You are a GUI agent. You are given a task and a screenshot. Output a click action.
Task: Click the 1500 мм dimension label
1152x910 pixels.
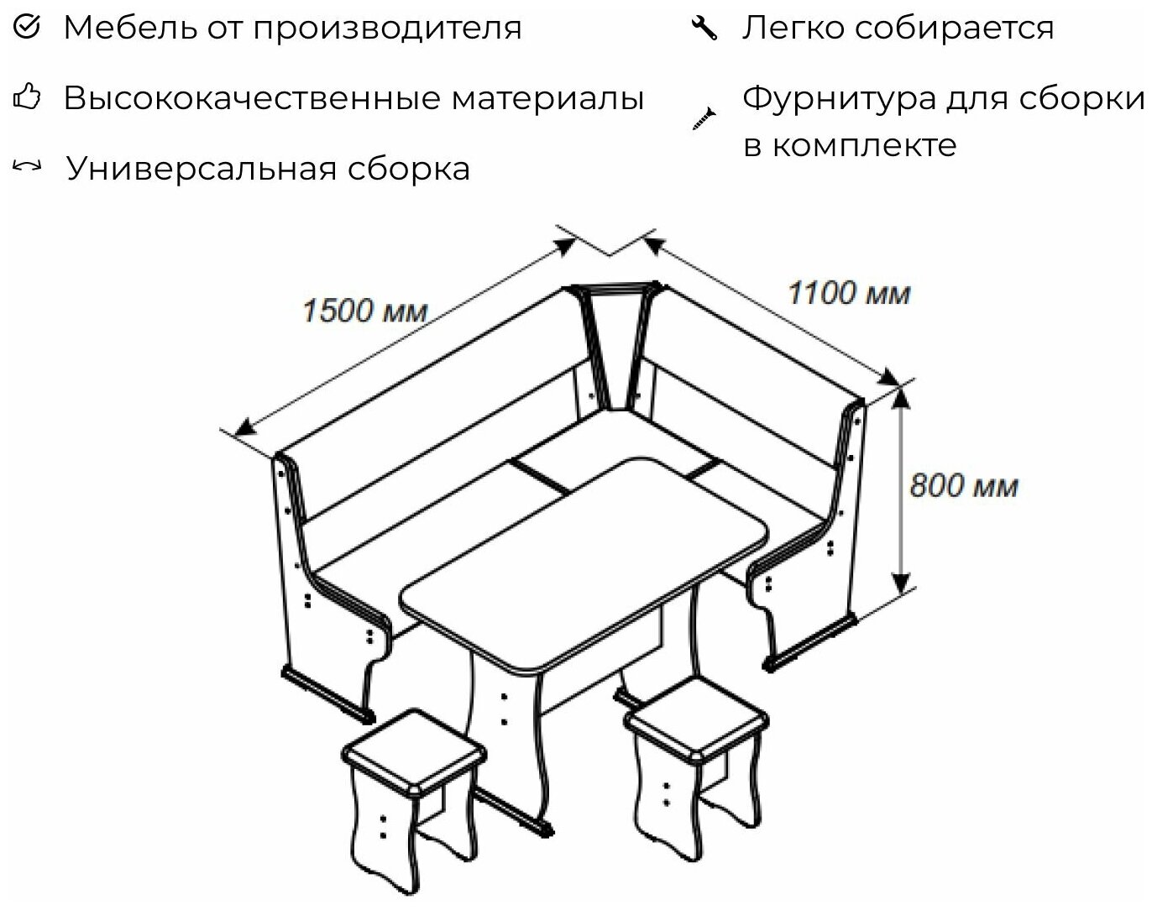pos(364,311)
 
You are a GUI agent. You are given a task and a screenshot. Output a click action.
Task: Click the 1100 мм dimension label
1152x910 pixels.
pos(848,293)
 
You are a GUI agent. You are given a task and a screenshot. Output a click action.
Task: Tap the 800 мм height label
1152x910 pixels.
pos(963,486)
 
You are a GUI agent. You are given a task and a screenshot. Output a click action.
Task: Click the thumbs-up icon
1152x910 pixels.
pos(28,98)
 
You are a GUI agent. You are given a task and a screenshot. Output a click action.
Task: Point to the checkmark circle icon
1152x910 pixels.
pos(28,28)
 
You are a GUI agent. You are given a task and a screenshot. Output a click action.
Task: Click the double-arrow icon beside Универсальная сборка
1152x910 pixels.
pos(28,167)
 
